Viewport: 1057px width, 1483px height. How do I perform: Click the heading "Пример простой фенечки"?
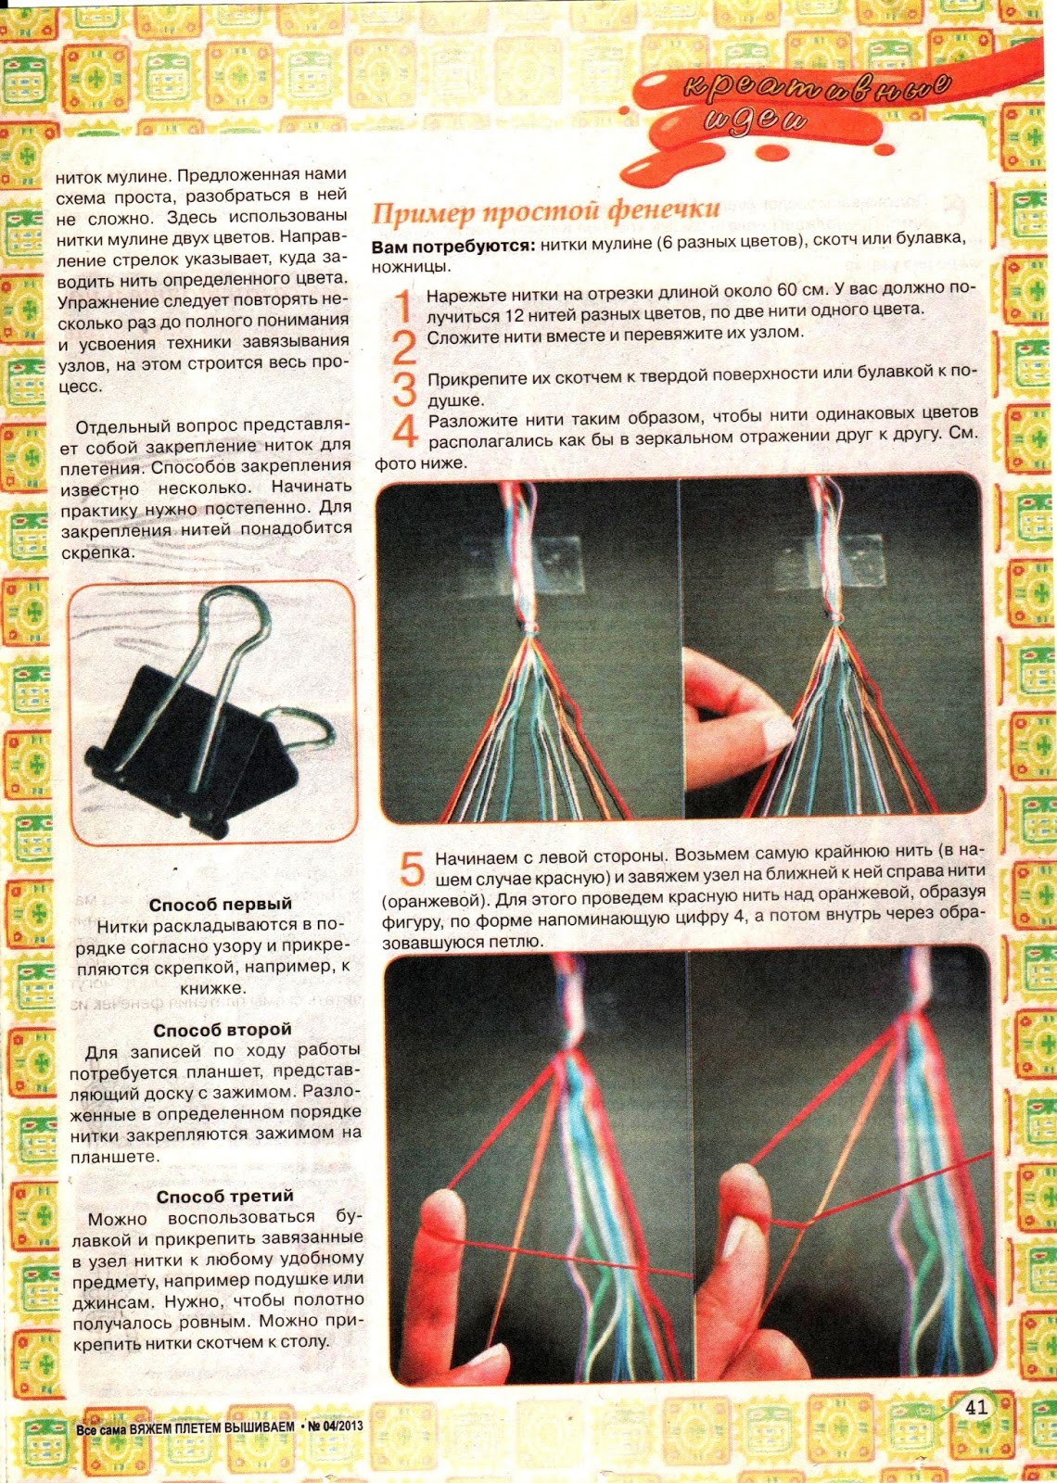tap(545, 212)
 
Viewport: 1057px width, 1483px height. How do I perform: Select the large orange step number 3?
tap(404, 388)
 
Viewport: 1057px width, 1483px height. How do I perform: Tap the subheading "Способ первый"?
tap(220, 905)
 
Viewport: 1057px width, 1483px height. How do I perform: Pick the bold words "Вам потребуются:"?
tap(453, 247)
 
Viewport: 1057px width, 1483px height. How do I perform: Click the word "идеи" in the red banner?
tap(756, 121)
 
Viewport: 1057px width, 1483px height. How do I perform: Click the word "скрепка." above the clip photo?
tap(97, 552)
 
